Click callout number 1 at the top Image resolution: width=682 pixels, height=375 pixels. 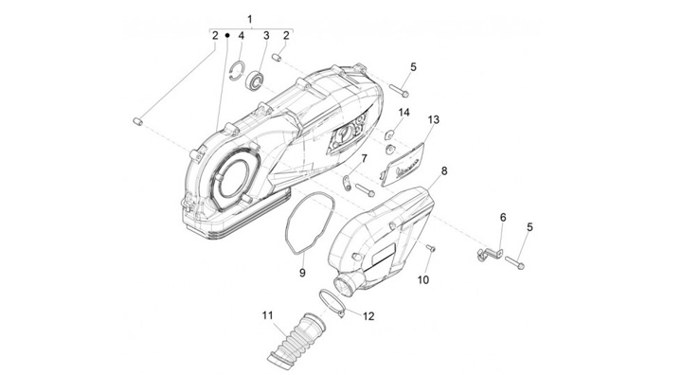pyautogui.click(x=250, y=19)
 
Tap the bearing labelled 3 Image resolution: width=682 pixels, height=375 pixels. pyautogui.click(x=255, y=80)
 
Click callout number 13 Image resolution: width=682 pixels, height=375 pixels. pyautogui.click(x=433, y=119)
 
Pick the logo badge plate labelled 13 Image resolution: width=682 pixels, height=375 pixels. pyautogui.click(x=403, y=165)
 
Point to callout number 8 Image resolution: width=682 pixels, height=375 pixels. pyautogui.click(x=444, y=171)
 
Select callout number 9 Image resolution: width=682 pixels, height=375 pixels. pyautogui.click(x=302, y=273)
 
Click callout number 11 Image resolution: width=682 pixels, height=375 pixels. pyautogui.click(x=267, y=315)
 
